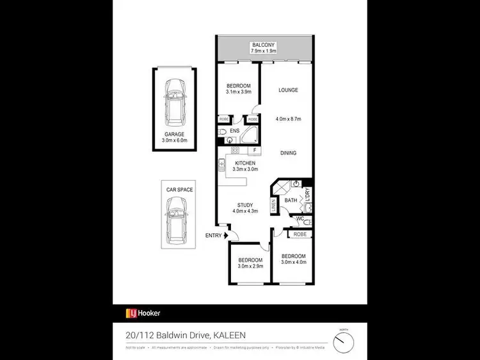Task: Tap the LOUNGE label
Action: click(x=288, y=90)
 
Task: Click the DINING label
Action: click(x=287, y=152)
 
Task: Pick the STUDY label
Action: click(x=244, y=205)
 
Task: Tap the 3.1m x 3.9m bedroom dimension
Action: click(x=237, y=92)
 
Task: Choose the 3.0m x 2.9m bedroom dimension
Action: click(x=250, y=266)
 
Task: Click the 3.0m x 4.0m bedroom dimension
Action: click(x=293, y=261)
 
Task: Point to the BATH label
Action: click(x=291, y=200)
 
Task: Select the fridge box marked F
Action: click(x=255, y=151)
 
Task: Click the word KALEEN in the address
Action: click(x=224, y=334)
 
